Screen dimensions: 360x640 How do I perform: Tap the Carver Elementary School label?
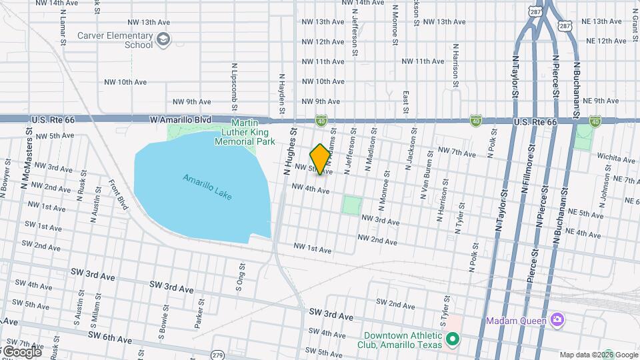click(x=115, y=41)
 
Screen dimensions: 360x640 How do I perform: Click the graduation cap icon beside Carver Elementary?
click(x=163, y=41)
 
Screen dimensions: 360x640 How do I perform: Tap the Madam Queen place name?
click(x=516, y=321)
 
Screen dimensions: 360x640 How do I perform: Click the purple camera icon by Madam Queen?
click(x=557, y=320)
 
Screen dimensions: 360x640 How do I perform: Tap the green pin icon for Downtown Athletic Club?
click(x=453, y=341)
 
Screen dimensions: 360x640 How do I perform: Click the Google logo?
click(x=21, y=351)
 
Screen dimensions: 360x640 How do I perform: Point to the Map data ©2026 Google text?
click(x=598, y=355)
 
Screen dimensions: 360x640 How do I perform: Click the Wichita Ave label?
click(x=616, y=159)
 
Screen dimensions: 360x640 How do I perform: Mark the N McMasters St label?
click(x=29, y=143)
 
